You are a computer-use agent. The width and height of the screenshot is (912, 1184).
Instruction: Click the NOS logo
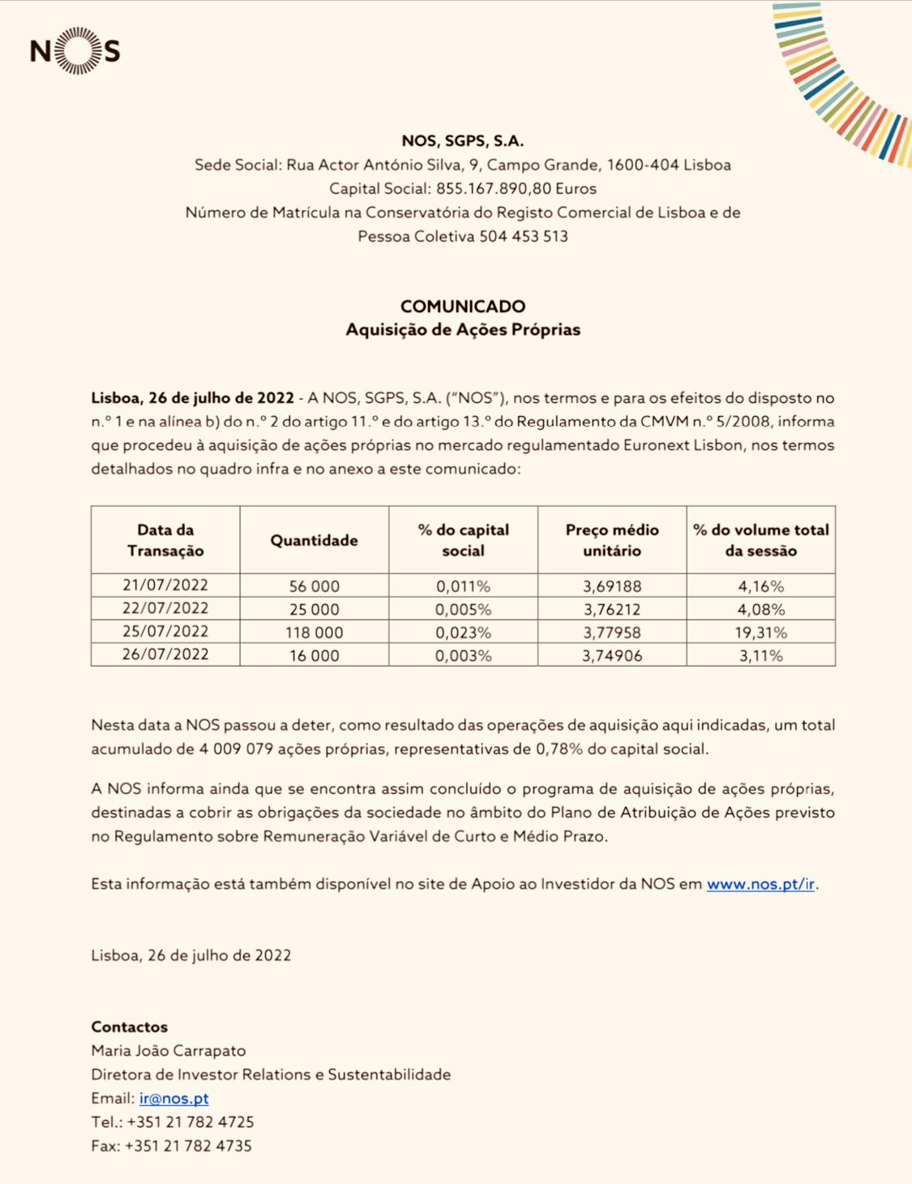pyautogui.click(x=75, y=51)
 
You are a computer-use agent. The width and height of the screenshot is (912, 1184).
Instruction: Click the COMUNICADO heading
pyautogui.click(x=462, y=307)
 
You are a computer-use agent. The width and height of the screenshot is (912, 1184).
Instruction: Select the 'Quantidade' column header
pyautogui.click(x=314, y=540)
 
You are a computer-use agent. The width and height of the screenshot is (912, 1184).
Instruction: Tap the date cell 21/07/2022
pyautogui.click(x=165, y=585)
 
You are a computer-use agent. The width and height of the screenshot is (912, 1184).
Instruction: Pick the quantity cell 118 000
pyautogui.click(x=314, y=633)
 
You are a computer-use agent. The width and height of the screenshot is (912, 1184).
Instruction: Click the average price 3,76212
pyautogui.click(x=611, y=609)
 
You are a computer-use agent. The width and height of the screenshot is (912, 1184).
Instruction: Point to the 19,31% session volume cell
pyautogui.click(x=760, y=633)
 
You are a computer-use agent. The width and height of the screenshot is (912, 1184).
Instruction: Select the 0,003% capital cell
pyautogui.click(x=463, y=655)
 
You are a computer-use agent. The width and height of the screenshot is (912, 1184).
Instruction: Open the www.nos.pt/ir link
pyautogui.click(x=760, y=884)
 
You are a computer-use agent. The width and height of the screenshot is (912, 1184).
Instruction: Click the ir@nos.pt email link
pyautogui.click(x=173, y=1098)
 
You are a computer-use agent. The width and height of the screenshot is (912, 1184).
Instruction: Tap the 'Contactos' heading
pyautogui.click(x=129, y=1027)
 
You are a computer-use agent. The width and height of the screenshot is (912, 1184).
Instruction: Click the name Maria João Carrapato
pyautogui.click(x=168, y=1050)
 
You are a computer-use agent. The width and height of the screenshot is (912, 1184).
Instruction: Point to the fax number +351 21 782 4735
pyautogui.click(x=188, y=1146)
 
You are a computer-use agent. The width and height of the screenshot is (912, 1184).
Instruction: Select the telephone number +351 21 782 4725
pyautogui.click(x=191, y=1122)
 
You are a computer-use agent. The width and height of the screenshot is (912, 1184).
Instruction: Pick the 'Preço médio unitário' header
pyautogui.click(x=611, y=540)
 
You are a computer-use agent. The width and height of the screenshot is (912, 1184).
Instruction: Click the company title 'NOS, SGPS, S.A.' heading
pyautogui.click(x=462, y=141)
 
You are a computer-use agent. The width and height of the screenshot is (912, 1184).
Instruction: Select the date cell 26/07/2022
pyautogui.click(x=165, y=654)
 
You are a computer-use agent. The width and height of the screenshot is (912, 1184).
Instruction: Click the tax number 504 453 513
pyautogui.click(x=523, y=237)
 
